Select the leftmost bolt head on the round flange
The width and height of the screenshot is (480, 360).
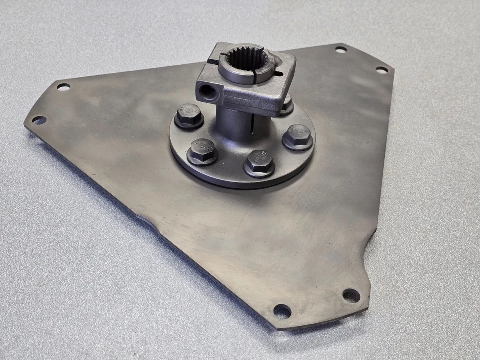tap(189, 116)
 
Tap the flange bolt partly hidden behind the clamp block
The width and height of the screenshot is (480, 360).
tap(286, 105)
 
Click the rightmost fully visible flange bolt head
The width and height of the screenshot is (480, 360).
tap(298, 137)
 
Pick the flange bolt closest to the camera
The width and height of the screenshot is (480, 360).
tap(259, 162)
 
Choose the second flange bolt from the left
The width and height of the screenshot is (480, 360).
tap(202, 151)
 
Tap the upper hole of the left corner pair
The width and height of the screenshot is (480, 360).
tap(63, 87)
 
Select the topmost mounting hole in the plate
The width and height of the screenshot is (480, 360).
tap(341, 49)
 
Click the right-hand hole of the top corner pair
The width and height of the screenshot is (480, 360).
tap(381, 70)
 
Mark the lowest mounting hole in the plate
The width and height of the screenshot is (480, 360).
tap(282, 311)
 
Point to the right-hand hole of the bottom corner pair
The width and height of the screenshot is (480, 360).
tap(351, 295)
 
